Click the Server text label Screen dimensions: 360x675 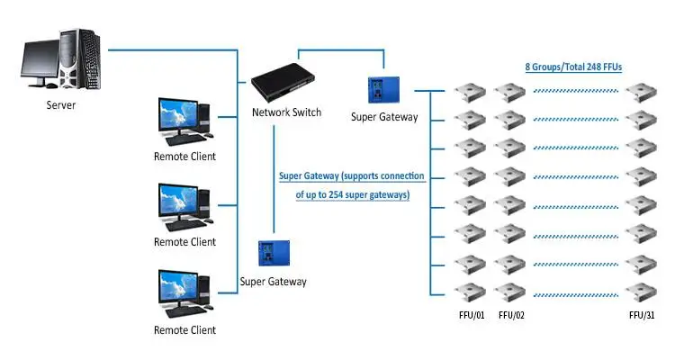coord(61,105)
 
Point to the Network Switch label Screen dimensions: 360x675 coord(286,113)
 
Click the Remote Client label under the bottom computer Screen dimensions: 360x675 coord(184,330)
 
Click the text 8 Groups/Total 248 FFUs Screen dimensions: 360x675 coord(573,67)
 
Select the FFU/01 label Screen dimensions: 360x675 coord(471,315)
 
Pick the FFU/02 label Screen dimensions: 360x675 coord(511,315)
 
